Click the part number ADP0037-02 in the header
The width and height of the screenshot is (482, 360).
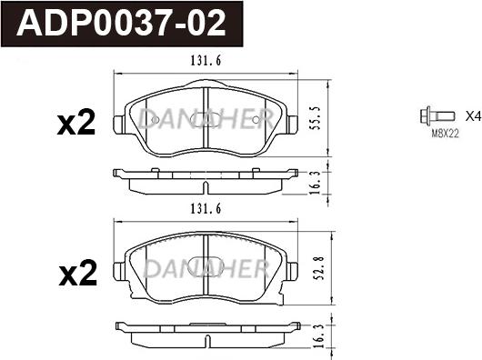122,24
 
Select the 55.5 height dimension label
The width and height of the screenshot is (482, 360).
316,118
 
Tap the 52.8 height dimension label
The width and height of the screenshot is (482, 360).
318,268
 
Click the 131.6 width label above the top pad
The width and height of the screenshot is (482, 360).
206,61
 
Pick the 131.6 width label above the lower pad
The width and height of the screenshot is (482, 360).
206,209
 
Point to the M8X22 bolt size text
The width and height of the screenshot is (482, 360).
445,134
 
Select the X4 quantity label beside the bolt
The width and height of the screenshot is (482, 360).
473,116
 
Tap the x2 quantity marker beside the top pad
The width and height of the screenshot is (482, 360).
76,123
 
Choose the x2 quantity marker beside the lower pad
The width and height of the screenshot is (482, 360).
78,273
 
